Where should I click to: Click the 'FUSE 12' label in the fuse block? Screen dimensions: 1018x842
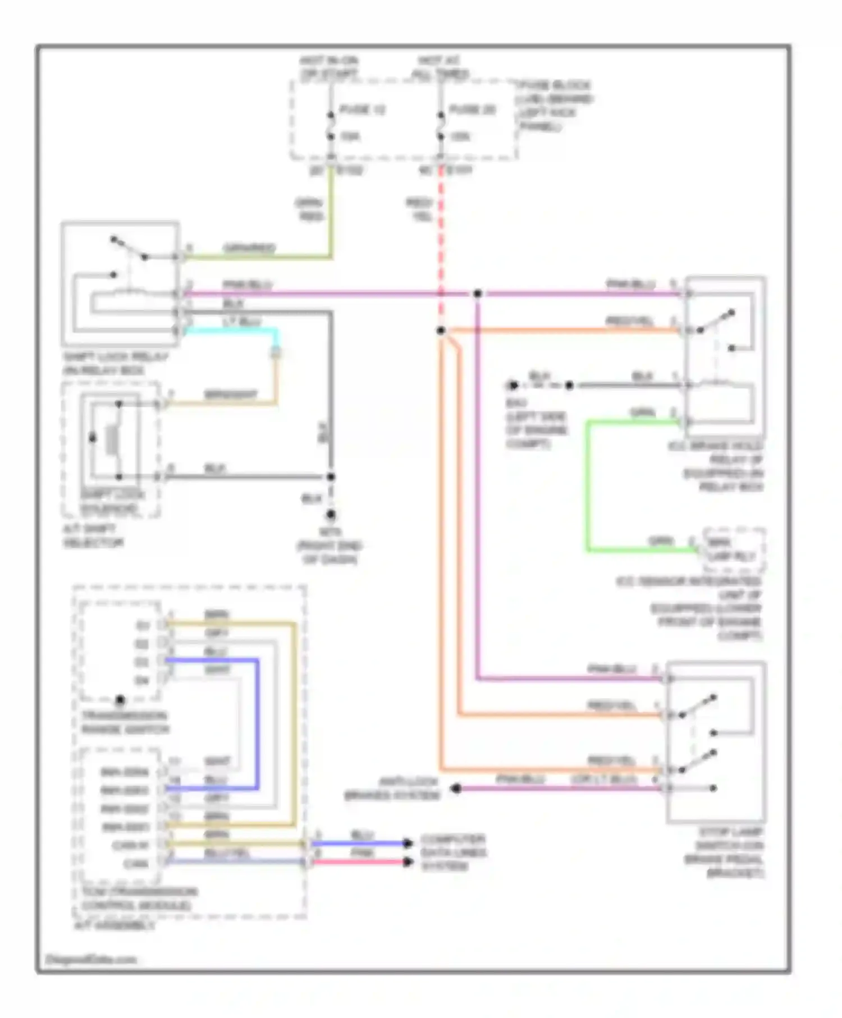pyautogui.click(x=362, y=110)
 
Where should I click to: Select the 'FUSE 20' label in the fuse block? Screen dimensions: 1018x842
pyautogui.click(x=473, y=110)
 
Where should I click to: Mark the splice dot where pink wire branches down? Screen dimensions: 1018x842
pyautogui.click(x=477, y=294)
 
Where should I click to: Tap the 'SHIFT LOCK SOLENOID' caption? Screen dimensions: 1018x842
pyautogui.click(x=112, y=502)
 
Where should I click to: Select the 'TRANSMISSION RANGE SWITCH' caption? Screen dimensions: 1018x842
pyautogui.click(x=125, y=723)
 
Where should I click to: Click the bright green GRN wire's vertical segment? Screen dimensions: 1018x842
pyautogui.click(x=588, y=485)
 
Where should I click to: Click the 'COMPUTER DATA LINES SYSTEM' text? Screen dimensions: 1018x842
pyautogui.click(x=453, y=852)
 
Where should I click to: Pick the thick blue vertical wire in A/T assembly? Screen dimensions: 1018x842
pyautogui.click(x=258, y=724)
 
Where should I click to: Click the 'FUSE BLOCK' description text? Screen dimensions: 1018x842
pyautogui.click(x=555, y=106)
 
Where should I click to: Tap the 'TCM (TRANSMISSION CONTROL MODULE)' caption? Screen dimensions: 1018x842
pyautogui.click(x=139, y=898)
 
